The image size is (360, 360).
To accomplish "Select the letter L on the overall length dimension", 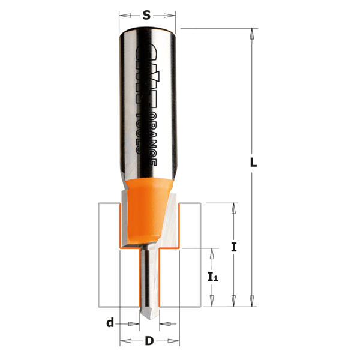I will click(x=254, y=162).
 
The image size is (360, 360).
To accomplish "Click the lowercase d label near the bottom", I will click(x=110, y=323).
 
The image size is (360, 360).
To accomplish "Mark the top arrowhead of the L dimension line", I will click(x=253, y=34).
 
